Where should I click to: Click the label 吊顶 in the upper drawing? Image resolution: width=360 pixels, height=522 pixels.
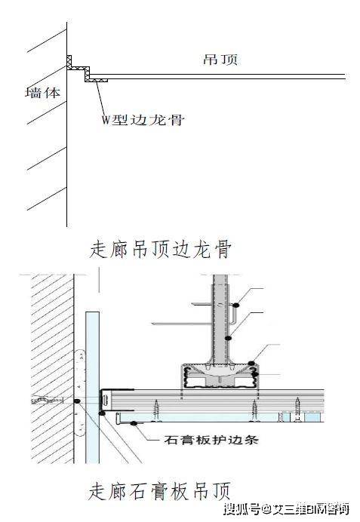(220, 60)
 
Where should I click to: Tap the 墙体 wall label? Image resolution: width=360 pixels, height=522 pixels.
(43, 93)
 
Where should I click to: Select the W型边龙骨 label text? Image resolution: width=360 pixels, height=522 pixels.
(143, 119)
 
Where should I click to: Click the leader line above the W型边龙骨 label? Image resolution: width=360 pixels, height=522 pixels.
(100, 97)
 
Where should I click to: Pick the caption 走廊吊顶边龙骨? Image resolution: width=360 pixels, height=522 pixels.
(160, 250)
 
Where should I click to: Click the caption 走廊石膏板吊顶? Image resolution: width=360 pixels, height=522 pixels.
(159, 491)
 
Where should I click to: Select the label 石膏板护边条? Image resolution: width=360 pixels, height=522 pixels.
(211, 440)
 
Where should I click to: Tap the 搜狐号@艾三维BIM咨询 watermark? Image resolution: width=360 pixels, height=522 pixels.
(286, 509)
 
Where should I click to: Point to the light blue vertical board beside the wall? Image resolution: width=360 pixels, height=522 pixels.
(92, 387)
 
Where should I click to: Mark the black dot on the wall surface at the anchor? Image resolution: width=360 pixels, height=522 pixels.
(77, 401)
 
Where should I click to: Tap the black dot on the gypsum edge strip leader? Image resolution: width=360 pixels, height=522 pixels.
(134, 423)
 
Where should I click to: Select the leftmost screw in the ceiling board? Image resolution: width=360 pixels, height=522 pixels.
(156, 410)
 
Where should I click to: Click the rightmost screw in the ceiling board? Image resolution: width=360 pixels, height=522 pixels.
(297, 409)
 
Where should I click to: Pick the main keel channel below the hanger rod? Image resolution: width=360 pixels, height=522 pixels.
(220, 377)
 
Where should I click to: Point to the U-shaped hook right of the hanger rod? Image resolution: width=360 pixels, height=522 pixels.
(232, 315)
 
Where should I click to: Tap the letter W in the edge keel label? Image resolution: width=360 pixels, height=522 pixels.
(106, 120)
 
